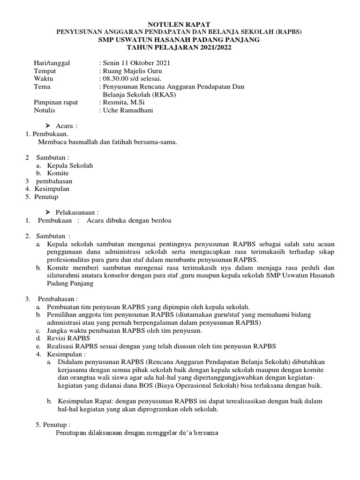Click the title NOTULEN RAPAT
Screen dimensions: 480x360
coord(180,23)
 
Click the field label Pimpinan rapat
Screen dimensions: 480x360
coord(56,102)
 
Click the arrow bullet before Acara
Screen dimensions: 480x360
coord(48,126)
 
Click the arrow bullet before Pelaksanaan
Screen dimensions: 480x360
coord(48,213)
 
